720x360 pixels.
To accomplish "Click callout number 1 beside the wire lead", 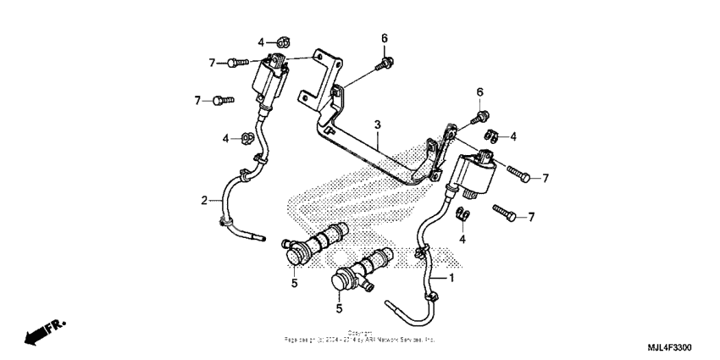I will [x=451, y=278].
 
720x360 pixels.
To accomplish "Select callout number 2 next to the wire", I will [x=204, y=201].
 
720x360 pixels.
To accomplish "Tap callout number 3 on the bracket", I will [x=378, y=125].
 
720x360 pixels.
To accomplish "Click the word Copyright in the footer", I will [x=360, y=333].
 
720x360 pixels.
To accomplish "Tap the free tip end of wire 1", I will [x=388, y=302].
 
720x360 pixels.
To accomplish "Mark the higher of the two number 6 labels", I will [x=384, y=39].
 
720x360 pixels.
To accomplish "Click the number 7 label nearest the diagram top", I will [x=212, y=62].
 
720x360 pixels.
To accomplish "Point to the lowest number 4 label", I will [x=463, y=240].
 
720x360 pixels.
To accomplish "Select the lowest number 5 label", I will [x=338, y=308].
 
